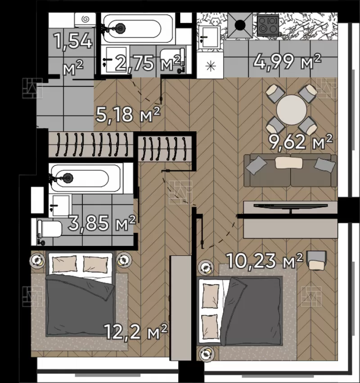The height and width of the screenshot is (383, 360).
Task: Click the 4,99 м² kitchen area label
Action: point(287,61)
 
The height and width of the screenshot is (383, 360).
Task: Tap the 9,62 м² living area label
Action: point(301,142)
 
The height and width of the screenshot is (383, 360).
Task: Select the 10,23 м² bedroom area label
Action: point(265,261)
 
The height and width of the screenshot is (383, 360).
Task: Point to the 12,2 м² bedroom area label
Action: point(136,331)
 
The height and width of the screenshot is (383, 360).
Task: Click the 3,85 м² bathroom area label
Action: point(102,223)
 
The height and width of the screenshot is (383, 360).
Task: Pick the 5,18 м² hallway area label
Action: point(128,114)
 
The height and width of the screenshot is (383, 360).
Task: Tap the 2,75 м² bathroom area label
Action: point(148,63)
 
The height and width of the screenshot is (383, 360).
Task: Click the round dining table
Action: point(292,110)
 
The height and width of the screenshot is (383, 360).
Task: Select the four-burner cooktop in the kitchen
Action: point(268,24)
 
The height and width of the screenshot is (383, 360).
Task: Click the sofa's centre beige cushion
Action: point(289,163)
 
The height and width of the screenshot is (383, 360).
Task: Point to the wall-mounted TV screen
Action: point(291,206)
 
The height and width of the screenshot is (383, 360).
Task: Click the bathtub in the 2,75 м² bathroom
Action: point(138,29)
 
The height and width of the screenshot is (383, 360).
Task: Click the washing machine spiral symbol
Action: point(85,19)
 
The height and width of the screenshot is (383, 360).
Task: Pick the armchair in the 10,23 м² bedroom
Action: point(317,260)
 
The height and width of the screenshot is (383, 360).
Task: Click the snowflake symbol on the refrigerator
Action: point(210,66)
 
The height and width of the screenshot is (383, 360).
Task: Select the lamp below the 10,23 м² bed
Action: point(207,353)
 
